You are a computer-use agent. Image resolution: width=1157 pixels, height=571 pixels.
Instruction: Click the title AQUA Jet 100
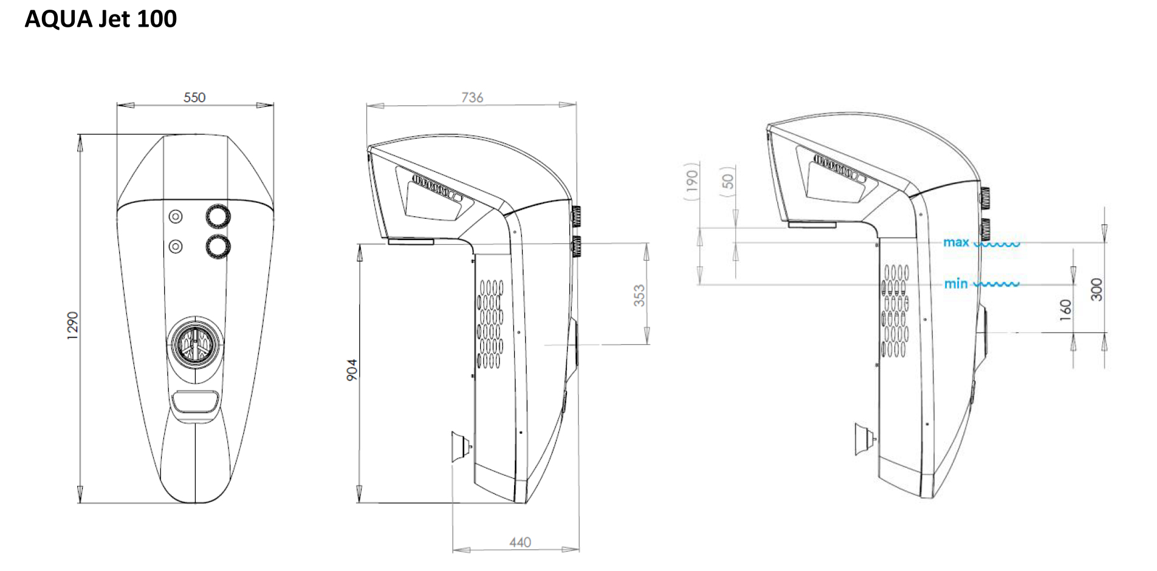(x=101, y=19)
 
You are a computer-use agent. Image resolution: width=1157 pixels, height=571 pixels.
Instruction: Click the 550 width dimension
(x=194, y=97)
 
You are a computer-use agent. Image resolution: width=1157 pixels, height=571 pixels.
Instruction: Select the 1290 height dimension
(x=72, y=326)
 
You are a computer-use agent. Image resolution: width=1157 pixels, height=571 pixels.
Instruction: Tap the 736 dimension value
(x=472, y=97)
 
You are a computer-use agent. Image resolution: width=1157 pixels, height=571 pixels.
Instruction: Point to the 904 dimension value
(x=352, y=370)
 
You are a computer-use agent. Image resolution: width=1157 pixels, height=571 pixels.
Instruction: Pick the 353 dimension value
(x=639, y=295)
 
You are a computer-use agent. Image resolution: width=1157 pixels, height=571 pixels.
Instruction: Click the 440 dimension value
(x=520, y=542)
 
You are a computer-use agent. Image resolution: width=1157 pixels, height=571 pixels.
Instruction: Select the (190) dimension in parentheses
(x=692, y=181)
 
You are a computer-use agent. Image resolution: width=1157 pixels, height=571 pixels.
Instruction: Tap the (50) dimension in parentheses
(x=728, y=181)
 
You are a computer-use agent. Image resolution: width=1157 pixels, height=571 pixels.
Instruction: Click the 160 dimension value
(x=1066, y=310)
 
